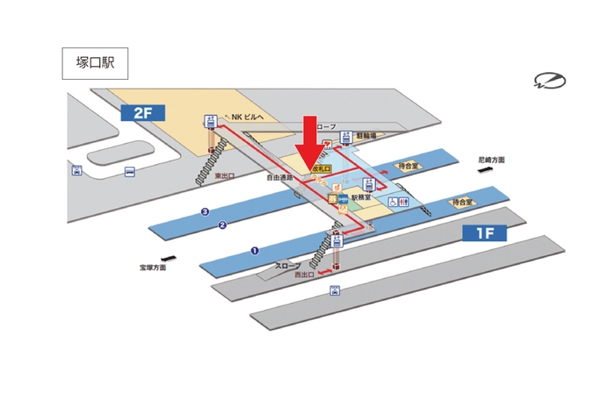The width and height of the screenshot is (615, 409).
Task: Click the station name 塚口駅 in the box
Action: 95,64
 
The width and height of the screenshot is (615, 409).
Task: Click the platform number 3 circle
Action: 205,212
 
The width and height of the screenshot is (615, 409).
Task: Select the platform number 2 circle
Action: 223,226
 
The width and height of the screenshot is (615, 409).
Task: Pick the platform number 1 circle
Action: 255,250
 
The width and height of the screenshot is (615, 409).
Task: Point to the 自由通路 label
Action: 279,177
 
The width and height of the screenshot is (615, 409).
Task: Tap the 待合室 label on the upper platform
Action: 407,164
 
